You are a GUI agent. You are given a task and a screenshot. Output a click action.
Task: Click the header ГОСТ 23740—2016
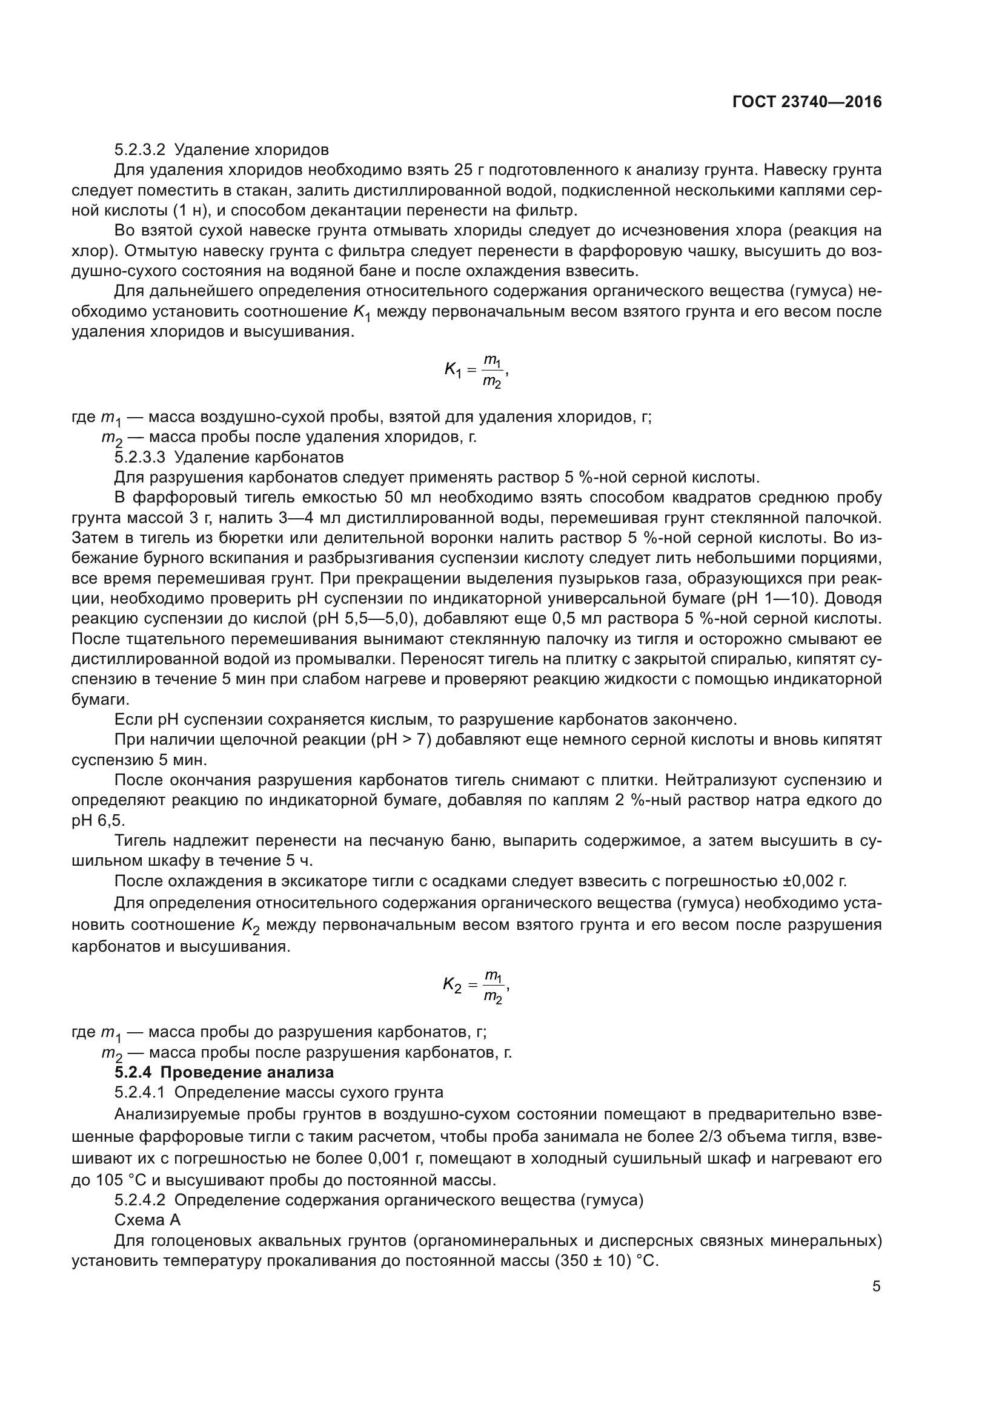[806, 102]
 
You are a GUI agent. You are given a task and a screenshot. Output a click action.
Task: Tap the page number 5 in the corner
[876, 1286]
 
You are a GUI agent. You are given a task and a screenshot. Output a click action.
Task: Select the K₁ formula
[476, 370]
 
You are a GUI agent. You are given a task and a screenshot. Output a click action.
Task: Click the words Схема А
[147, 1220]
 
